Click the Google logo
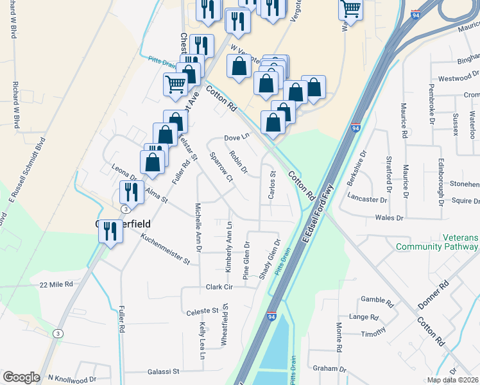(x=21, y=377)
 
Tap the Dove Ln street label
(x=236, y=137)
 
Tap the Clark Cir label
(x=218, y=286)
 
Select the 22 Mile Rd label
(x=56, y=284)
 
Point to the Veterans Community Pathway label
(x=437, y=242)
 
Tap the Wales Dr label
(x=389, y=218)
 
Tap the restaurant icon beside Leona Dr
(x=128, y=191)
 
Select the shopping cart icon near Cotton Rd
(x=175, y=83)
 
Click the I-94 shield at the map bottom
(x=272, y=317)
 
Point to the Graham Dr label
(x=329, y=369)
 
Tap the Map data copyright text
(x=453, y=380)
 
